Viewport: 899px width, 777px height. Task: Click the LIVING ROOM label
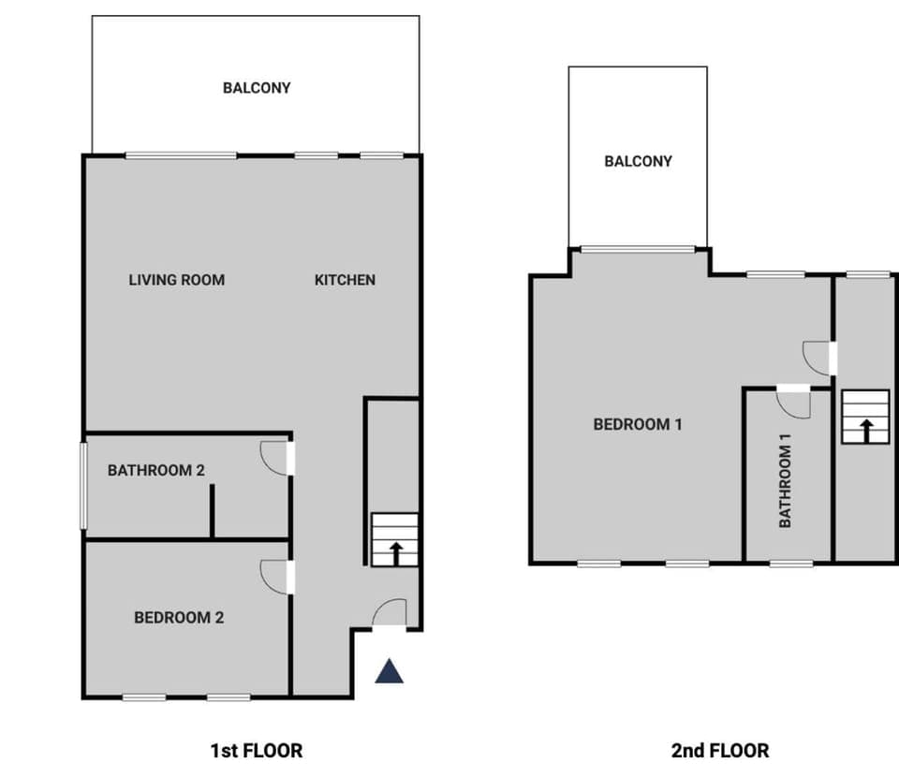pos(176,279)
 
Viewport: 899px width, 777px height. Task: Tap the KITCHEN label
pos(345,279)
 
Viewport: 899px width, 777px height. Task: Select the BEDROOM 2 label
pos(179,617)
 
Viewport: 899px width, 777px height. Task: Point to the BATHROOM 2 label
pos(155,470)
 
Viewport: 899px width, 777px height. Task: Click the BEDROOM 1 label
pos(638,424)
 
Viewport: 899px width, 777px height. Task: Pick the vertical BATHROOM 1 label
pos(786,485)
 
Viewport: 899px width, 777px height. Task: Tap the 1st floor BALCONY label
pos(257,88)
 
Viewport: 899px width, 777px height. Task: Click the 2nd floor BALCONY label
pos(638,161)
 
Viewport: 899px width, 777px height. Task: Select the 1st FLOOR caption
pos(257,750)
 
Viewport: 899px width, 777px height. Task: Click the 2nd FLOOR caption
pos(720,750)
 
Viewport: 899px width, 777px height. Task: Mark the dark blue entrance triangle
pos(390,671)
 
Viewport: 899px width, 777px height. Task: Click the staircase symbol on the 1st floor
pos(394,540)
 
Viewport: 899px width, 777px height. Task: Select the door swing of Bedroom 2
pos(274,577)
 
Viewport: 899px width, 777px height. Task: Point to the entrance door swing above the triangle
pos(391,612)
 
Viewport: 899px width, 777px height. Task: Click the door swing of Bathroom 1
pos(794,403)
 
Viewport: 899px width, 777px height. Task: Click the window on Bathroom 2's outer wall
pos(82,485)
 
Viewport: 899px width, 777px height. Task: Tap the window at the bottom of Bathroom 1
pos(791,564)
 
